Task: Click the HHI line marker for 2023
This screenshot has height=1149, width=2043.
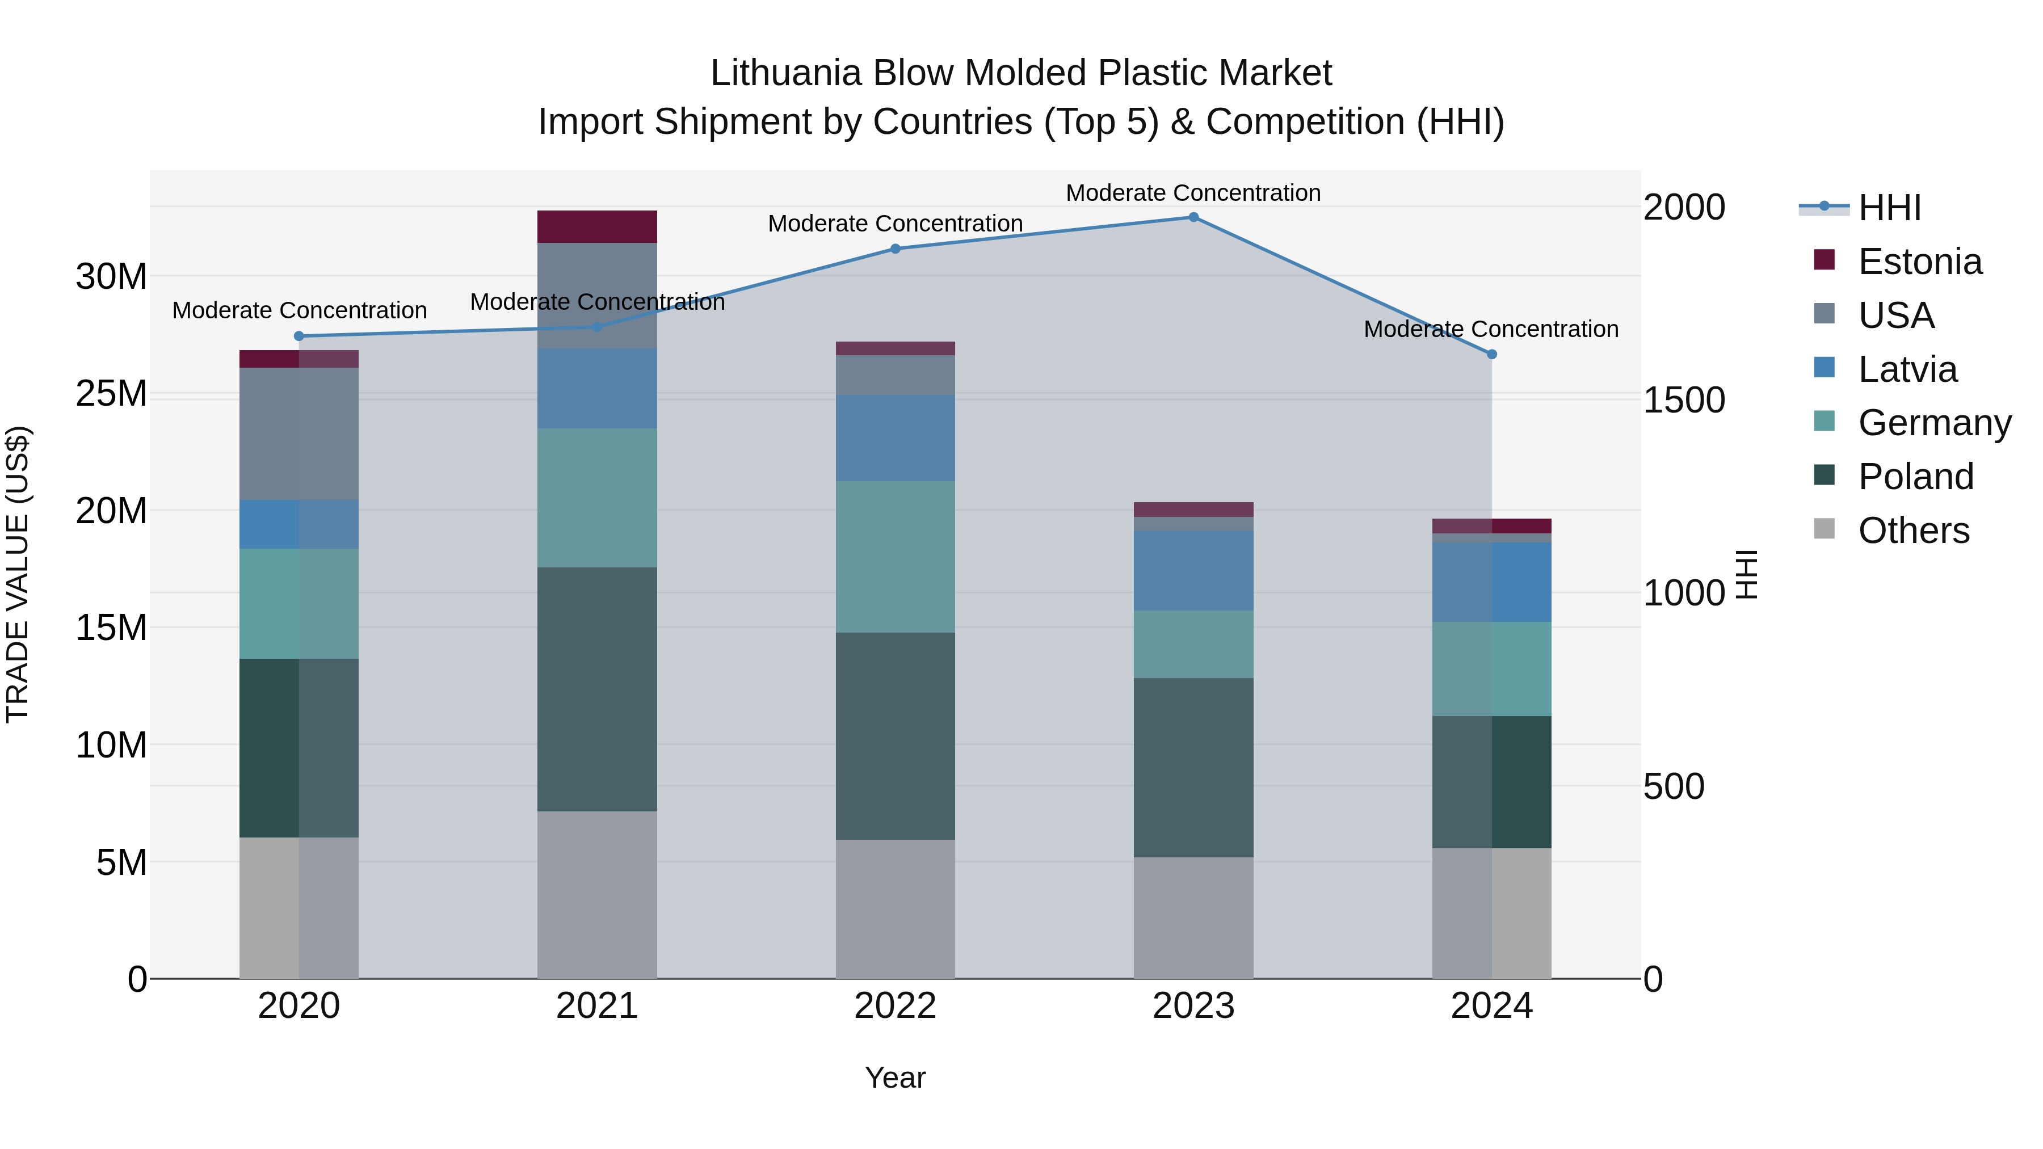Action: pos(1193,217)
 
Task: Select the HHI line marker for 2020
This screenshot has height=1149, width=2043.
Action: pos(299,336)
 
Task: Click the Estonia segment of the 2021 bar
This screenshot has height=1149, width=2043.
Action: pos(597,227)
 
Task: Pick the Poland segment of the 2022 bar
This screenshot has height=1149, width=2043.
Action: pos(896,736)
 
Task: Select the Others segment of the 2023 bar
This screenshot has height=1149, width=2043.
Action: pos(1193,917)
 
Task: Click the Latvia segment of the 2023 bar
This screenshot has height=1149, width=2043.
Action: pos(1193,570)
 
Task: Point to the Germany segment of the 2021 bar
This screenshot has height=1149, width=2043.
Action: pos(597,498)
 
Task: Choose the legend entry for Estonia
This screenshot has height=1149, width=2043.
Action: pos(1919,262)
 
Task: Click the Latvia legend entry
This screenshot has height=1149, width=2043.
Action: pos(1907,369)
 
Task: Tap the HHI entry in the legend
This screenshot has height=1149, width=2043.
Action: pos(1889,208)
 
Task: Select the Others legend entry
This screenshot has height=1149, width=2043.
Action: pos(1913,531)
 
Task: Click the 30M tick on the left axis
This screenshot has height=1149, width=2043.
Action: pos(111,277)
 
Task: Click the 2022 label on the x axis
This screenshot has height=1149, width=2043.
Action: pos(896,1006)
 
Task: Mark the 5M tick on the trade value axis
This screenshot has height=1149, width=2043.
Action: pos(121,862)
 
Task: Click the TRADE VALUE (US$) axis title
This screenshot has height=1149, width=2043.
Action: pos(18,574)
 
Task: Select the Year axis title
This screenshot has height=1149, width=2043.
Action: pos(896,1078)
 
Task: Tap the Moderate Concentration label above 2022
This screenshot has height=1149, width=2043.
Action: pos(896,224)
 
